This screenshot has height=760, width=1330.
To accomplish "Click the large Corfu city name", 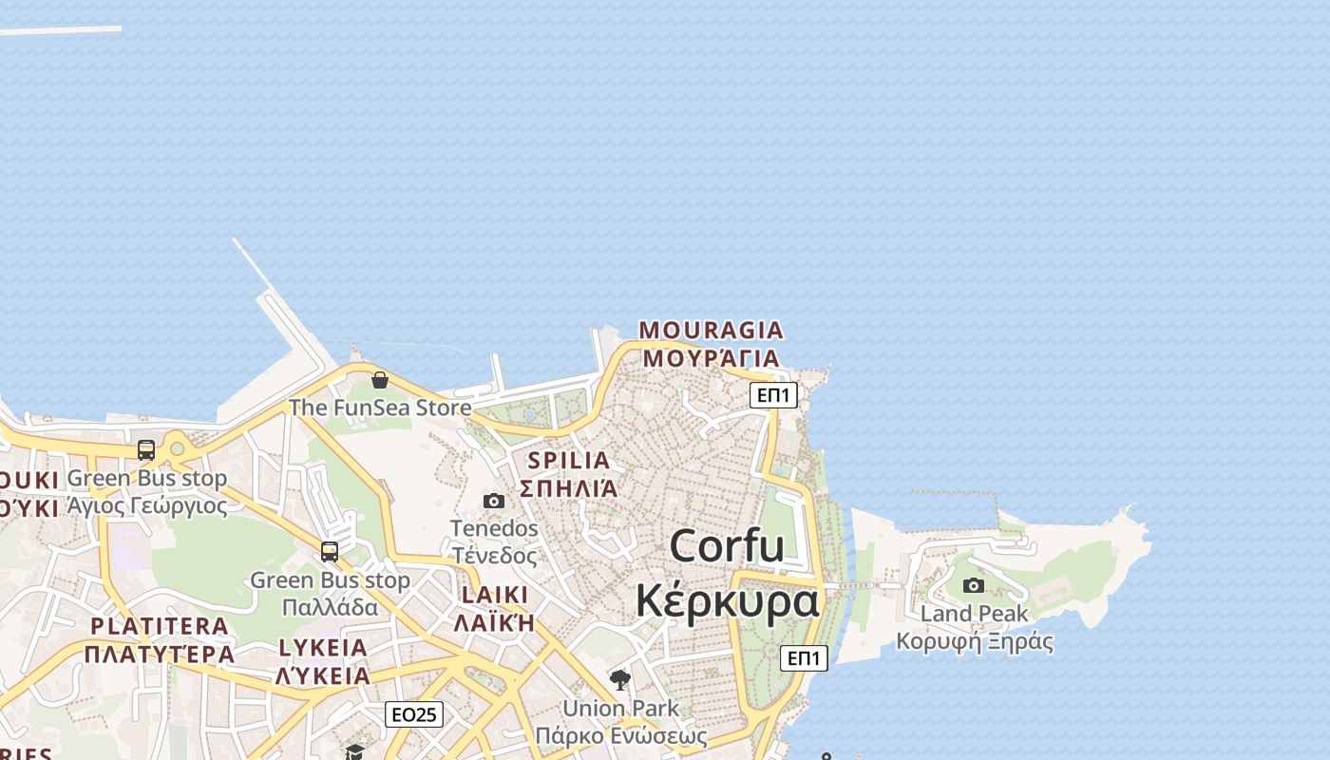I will pos(727,546).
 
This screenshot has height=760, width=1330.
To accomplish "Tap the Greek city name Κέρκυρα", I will pos(727,601).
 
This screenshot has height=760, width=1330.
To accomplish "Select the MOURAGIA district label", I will pos(711,331).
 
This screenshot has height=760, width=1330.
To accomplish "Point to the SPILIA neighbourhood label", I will pos(568,461).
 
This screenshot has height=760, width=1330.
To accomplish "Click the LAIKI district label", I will pos(494,596).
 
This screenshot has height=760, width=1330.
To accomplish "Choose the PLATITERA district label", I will pos(160,627).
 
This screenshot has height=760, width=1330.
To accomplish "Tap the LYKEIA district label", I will pos(323,648).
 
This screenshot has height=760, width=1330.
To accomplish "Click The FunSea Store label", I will pos(380,408).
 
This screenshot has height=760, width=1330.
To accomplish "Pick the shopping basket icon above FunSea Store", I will pos(380,380).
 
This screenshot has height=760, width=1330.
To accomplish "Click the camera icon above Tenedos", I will pos(494,501).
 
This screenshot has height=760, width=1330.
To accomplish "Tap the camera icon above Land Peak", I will pos(974,585).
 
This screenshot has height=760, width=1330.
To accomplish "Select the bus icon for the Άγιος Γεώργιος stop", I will pos(146,449).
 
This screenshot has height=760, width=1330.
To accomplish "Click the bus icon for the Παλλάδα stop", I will pos(330,551).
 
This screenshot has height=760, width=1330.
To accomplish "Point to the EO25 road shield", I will pos(414,714).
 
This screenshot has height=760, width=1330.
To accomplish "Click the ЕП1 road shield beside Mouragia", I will pos(773,395).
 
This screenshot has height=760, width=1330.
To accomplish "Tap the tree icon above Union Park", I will pos(620,679).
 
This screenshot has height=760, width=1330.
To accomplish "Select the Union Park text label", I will pos(620,709).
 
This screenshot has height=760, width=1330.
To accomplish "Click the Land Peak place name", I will pos(974,614).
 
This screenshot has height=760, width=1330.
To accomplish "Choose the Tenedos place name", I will pos(494,528).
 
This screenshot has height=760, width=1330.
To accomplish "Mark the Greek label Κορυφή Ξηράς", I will pos(975,641).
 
